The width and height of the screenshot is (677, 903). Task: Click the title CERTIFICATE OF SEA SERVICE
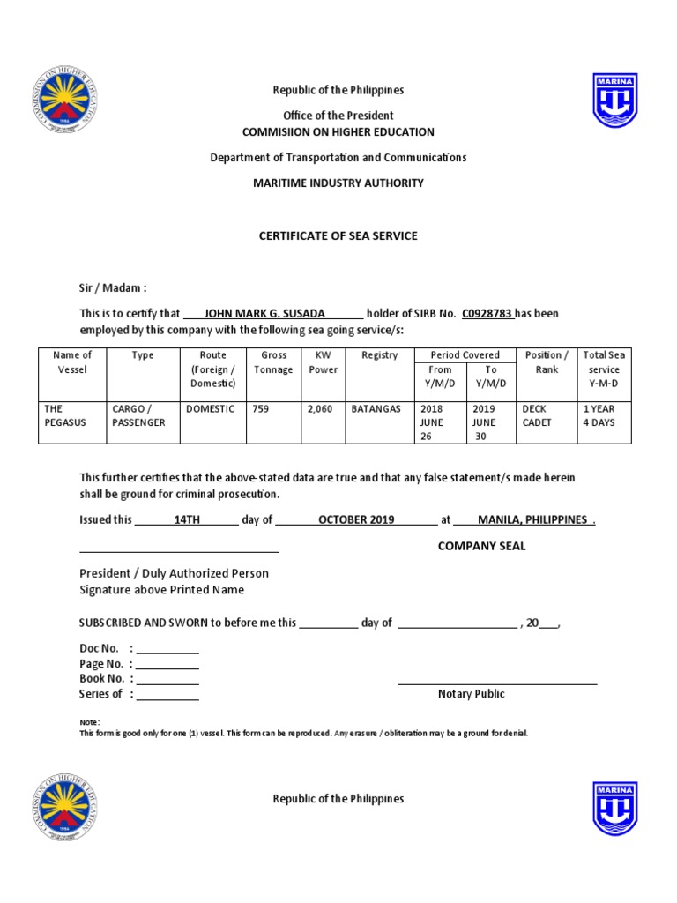(x=338, y=235)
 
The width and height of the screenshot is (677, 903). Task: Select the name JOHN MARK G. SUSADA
(x=264, y=313)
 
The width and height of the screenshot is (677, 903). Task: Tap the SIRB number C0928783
(x=487, y=313)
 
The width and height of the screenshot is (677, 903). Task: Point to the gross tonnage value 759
(x=260, y=409)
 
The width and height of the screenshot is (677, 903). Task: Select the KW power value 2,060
(x=319, y=409)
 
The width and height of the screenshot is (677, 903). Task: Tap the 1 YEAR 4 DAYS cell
(x=599, y=416)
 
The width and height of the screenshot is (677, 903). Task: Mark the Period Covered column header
(x=465, y=355)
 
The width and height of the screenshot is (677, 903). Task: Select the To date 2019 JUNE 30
(x=486, y=422)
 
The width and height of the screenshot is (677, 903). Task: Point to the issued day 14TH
(x=188, y=519)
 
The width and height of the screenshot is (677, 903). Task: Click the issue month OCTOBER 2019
(x=356, y=519)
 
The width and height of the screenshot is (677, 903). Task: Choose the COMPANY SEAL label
(x=481, y=546)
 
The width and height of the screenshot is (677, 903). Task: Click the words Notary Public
(x=472, y=694)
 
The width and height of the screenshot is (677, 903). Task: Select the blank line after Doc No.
(x=167, y=649)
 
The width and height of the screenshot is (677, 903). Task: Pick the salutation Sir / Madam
(x=113, y=287)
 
